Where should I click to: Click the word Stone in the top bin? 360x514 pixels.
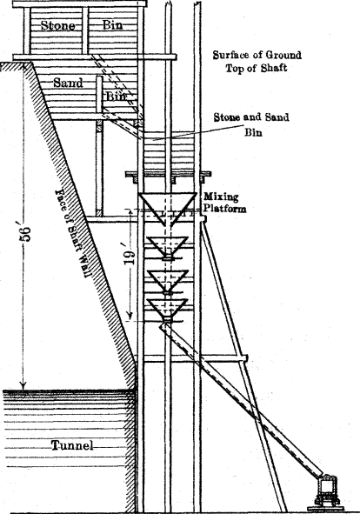click(57, 25)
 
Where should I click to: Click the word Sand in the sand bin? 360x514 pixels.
click(68, 83)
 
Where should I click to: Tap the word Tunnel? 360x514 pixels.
click(72, 446)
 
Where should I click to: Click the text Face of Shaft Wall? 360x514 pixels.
click(70, 233)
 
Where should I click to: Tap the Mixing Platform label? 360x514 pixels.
click(224, 203)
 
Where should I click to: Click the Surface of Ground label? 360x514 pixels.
click(257, 55)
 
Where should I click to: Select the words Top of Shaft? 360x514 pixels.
click(256, 68)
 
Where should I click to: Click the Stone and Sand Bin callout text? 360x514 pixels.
click(251, 124)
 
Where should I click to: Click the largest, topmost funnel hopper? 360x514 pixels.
click(168, 209)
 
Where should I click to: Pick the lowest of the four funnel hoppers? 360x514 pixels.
click(168, 310)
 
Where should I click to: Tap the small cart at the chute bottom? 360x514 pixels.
click(327, 491)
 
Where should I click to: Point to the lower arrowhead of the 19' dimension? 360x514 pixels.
click(130, 316)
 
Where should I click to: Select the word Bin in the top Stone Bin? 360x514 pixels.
click(113, 25)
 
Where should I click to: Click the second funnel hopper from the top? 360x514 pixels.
click(168, 248)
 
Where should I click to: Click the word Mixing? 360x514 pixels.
click(221, 197)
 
